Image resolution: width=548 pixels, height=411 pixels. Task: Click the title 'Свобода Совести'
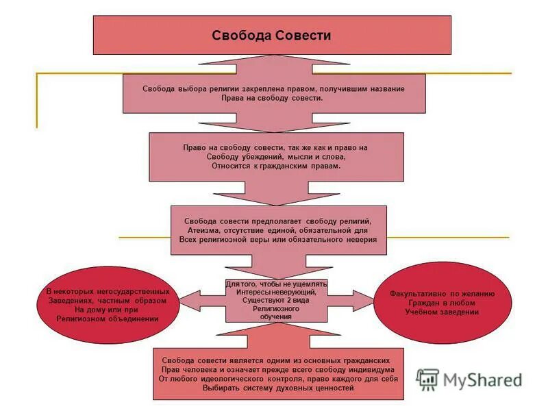pos(271,36)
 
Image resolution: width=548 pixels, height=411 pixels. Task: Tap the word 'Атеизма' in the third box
pos(212,232)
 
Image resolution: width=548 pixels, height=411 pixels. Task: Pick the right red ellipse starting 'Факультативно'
pos(443,302)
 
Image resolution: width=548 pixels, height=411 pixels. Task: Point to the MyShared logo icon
pos(428,379)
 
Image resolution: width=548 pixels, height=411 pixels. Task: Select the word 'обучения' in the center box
pos(271,316)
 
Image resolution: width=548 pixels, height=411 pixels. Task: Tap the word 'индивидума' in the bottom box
pos(376,369)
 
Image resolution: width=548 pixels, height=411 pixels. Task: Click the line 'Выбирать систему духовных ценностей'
pos(278,388)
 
